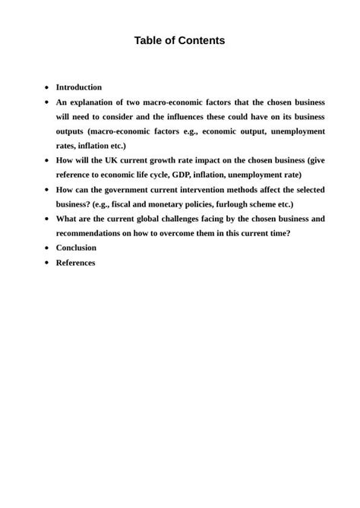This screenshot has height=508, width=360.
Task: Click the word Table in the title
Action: click(150, 40)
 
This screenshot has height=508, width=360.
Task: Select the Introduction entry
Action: click(78, 87)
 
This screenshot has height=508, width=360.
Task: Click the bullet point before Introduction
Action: click(47, 87)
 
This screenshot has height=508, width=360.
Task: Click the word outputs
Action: click(71, 131)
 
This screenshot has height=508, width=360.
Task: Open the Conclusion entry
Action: click(76, 248)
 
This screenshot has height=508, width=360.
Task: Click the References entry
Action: click(75, 263)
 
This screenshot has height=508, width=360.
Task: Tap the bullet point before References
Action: click(47, 263)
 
